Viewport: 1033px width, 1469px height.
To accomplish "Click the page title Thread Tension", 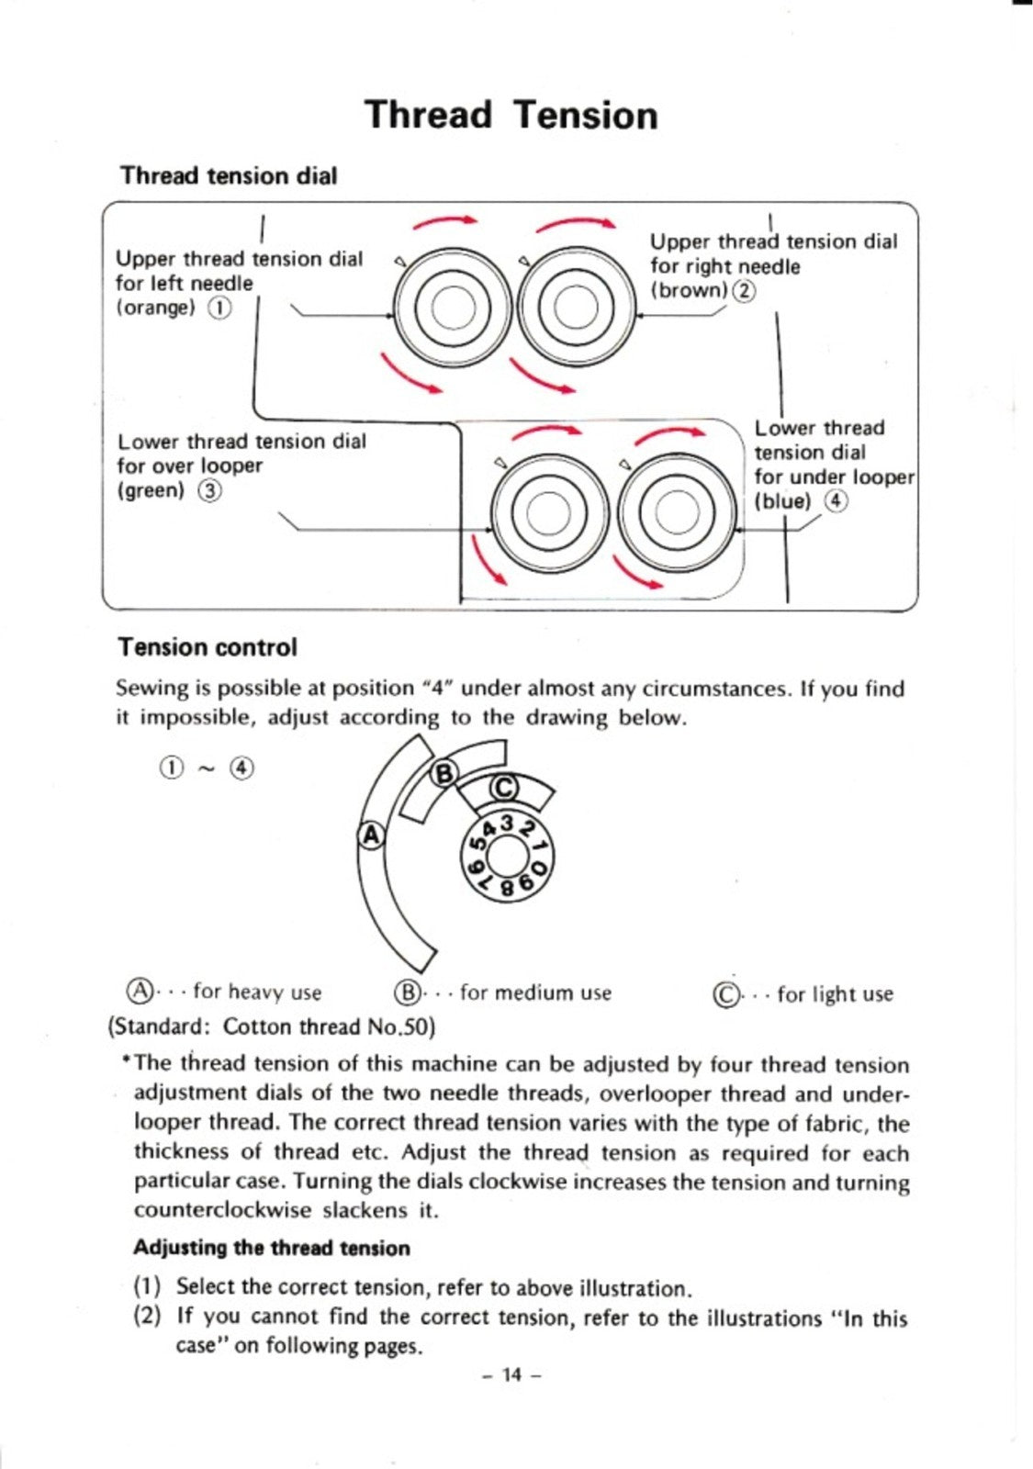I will pos(511,116).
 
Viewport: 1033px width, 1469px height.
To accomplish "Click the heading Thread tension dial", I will pos(229,175).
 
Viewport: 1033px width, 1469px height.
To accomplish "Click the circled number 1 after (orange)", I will pos(219,308).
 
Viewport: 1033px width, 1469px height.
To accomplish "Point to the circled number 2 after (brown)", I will pos(744,291).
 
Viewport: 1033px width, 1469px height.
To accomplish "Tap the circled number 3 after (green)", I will pos(210,491).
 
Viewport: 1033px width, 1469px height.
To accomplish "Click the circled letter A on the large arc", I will pos(370,835).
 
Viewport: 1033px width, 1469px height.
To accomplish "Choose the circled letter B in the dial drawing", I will pos(444,773).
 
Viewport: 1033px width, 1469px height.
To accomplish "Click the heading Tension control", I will pos(208,647).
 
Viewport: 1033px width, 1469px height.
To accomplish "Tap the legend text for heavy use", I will pos(257,992).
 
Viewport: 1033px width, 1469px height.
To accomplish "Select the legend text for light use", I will pos(834,994).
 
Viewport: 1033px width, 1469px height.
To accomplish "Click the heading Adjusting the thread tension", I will pos(272,1248).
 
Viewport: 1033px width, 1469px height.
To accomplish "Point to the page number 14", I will pos(511,1374).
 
